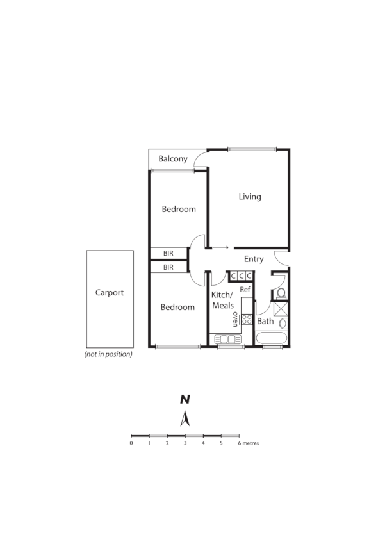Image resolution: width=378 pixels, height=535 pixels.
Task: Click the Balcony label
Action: click(x=173, y=159)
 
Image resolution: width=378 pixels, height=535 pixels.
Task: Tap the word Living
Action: click(x=250, y=197)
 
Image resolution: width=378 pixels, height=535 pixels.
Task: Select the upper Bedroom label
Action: click(x=179, y=210)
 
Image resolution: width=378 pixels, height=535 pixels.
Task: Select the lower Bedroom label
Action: click(x=177, y=307)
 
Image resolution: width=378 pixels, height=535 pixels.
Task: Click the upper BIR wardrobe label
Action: click(x=168, y=254)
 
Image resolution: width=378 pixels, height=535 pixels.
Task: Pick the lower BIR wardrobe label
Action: click(x=168, y=267)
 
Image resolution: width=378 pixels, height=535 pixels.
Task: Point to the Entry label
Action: click(x=254, y=259)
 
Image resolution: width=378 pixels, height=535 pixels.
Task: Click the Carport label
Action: click(x=110, y=293)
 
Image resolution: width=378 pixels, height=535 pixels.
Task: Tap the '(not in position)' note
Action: click(x=108, y=354)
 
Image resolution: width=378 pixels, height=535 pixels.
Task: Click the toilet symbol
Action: click(x=281, y=293)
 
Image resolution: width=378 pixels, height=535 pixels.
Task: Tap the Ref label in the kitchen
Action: click(x=245, y=290)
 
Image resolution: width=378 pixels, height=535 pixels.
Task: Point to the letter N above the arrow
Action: click(x=185, y=399)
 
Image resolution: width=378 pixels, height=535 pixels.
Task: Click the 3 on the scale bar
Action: click(x=185, y=443)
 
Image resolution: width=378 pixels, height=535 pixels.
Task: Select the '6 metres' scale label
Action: click(x=249, y=443)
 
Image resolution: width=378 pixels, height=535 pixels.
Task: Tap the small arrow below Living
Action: click(x=221, y=247)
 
